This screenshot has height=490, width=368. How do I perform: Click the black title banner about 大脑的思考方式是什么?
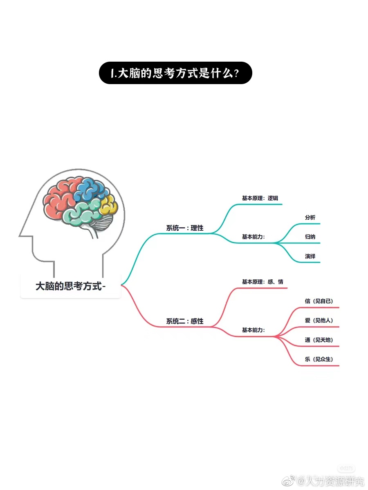pos(175,73)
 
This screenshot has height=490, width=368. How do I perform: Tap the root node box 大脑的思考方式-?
pos(70,286)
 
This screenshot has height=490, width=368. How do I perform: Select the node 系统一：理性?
pos(184,228)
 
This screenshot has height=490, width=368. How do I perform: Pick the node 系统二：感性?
pos(184,321)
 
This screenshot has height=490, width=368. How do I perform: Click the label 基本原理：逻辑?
pos(260,198)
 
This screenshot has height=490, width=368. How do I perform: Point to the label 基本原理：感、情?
pos(262,282)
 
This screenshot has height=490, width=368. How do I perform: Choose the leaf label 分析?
pos(310,218)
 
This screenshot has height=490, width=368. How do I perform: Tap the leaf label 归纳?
pos(310,237)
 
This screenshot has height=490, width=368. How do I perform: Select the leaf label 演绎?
pos(310,256)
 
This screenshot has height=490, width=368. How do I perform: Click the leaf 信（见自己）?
pos(319,301)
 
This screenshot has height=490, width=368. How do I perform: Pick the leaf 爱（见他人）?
pos(319,320)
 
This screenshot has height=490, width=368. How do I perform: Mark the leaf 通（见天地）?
pos(319,340)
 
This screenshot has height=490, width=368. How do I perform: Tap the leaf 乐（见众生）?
pos(319,359)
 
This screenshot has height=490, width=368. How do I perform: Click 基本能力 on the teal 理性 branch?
pos(253,237)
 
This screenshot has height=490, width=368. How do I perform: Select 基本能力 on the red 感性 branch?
pos(253,330)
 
